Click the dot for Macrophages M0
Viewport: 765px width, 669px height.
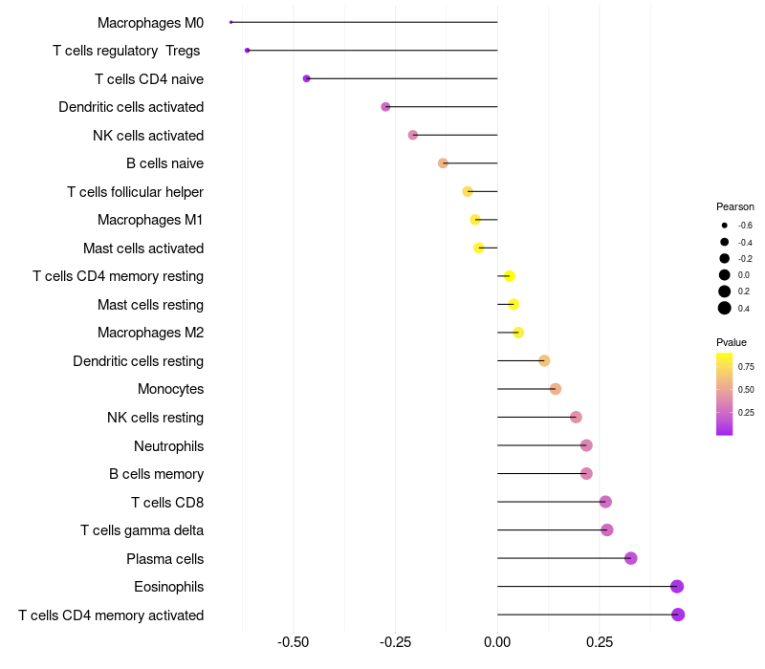[x=231, y=22]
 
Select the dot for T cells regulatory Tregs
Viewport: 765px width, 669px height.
[x=248, y=50]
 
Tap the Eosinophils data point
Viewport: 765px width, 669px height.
[x=677, y=586]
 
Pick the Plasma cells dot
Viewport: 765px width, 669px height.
[x=630, y=558]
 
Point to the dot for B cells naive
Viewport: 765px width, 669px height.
[x=443, y=163]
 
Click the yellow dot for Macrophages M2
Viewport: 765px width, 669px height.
[x=518, y=333]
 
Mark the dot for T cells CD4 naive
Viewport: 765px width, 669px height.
[x=306, y=78]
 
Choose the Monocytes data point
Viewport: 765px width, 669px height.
[x=556, y=389]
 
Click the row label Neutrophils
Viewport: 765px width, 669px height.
[x=168, y=445]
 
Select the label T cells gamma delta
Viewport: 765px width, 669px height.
[x=142, y=530]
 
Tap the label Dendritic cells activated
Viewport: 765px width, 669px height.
[x=131, y=107]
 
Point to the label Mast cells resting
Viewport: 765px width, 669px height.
[x=150, y=305]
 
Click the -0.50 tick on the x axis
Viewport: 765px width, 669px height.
[x=294, y=642]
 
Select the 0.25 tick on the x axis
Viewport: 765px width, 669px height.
[x=600, y=642]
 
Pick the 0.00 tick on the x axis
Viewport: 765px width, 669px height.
[x=497, y=642]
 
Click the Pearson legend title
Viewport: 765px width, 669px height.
[x=735, y=206]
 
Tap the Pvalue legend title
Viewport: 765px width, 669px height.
[x=732, y=342]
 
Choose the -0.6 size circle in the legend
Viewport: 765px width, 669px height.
[x=725, y=226]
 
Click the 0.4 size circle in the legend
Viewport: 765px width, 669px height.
[x=725, y=308]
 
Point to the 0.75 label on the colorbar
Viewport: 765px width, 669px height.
[x=746, y=366]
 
